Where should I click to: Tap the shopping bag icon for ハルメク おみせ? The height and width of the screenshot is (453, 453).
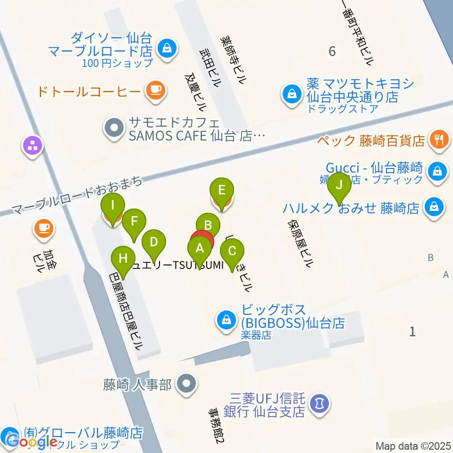433,206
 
